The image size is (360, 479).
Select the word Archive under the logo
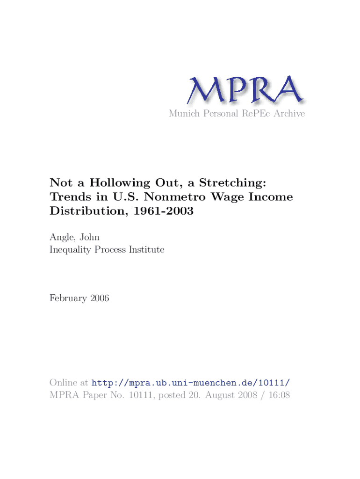tap(288, 114)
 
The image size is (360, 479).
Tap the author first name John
tap(89, 237)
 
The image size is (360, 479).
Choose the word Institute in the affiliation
tap(147, 250)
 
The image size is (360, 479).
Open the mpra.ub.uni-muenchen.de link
tap(194, 383)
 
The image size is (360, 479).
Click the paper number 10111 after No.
tap(137, 395)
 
